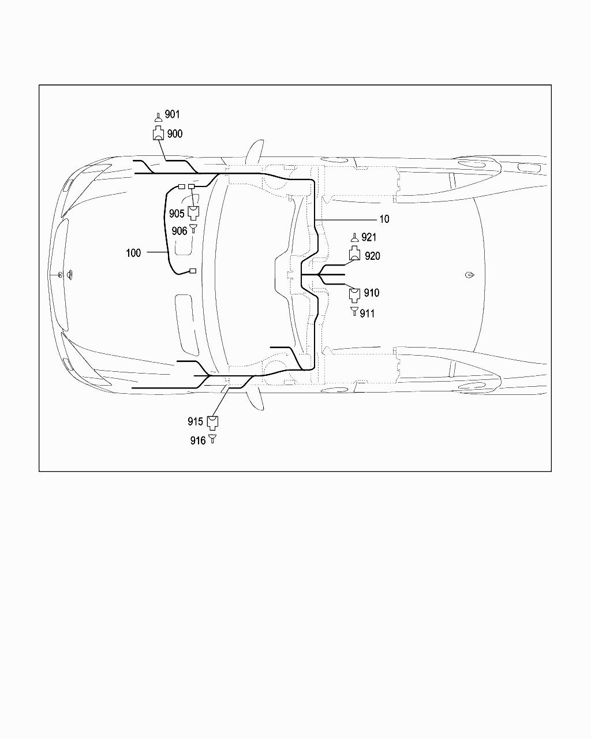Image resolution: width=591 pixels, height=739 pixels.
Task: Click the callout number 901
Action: pos(172,114)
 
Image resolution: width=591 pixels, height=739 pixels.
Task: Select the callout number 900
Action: pos(175,134)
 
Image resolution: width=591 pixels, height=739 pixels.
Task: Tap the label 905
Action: pos(177,214)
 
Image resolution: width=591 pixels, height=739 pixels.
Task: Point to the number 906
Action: pos(179,231)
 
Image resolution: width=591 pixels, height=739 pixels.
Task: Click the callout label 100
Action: pos(133,253)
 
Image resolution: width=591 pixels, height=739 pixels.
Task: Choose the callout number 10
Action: pos(384,219)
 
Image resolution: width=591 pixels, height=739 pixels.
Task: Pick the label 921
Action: pos(369,238)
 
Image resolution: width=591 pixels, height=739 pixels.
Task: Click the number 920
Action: pos(372,256)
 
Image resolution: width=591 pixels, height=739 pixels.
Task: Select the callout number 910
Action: pos(372,293)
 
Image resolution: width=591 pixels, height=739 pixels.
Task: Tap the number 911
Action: pos(367,313)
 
